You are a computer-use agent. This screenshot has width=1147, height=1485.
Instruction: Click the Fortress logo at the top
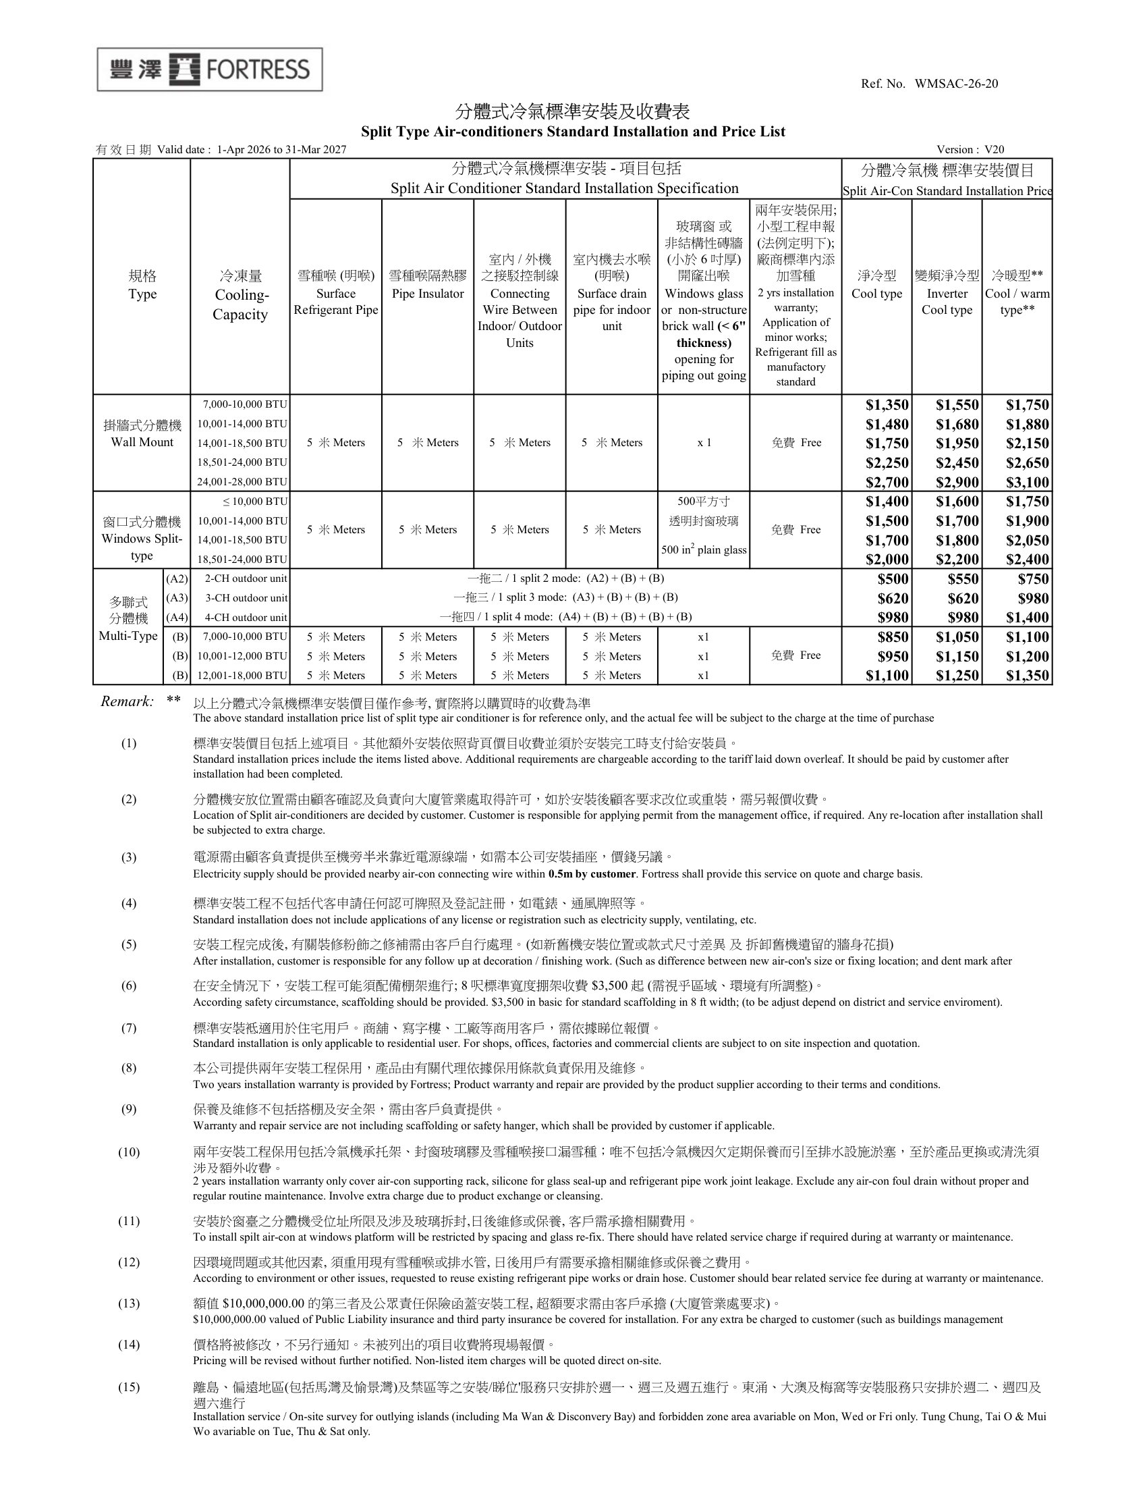(x=209, y=70)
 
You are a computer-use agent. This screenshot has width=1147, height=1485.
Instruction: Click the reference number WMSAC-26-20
(x=956, y=84)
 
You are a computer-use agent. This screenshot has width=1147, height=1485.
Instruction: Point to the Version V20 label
(x=970, y=150)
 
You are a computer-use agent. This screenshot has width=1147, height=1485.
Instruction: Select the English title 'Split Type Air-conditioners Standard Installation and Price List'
(x=573, y=132)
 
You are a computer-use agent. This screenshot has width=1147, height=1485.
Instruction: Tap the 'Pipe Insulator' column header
(x=427, y=294)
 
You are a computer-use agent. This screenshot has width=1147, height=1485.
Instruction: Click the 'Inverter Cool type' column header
(x=947, y=301)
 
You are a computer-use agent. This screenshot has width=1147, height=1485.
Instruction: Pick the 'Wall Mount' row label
(x=142, y=442)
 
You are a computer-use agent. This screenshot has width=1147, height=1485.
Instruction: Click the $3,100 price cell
(x=1028, y=483)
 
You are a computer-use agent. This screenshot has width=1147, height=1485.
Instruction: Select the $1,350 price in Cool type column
(x=887, y=405)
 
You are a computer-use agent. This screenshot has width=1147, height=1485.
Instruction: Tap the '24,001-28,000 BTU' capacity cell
(x=242, y=482)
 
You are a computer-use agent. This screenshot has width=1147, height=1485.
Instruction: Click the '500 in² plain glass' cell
(x=703, y=549)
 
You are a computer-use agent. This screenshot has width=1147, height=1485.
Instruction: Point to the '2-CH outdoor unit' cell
(x=246, y=578)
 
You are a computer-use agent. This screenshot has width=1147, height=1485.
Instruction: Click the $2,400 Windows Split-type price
(x=1028, y=560)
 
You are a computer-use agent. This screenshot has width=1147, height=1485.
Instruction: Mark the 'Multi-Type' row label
(x=128, y=637)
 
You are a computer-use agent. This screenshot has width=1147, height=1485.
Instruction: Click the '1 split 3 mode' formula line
(x=565, y=597)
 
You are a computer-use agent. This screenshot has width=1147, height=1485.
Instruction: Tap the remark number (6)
(x=128, y=986)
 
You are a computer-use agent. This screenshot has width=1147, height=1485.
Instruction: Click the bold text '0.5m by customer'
(x=592, y=873)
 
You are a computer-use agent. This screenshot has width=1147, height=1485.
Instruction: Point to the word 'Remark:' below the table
(x=127, y=702)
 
